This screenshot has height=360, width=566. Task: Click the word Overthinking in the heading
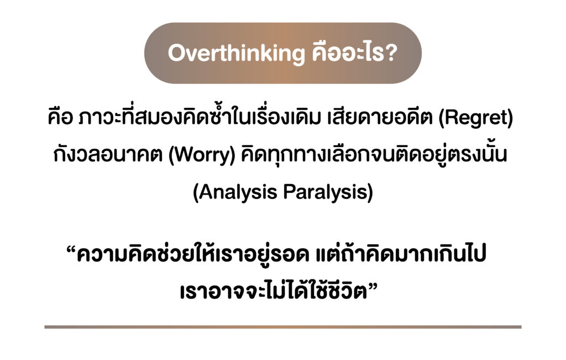[x=237, y=54]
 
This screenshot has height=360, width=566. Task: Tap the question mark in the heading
[x=390, y=53]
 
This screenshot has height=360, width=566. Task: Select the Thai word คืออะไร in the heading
[x=346, y=53]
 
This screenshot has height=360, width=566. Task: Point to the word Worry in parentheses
[x=202, y=155]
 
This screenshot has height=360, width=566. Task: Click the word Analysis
[x=238, y=192]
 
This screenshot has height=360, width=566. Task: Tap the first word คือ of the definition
[x=61, y=117]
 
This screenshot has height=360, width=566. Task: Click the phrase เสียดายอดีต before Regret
[x=380, y=117]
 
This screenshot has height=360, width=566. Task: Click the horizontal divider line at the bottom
[x=283, y=327]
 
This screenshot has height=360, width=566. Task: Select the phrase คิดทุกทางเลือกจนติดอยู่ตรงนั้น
[x=374, y=154]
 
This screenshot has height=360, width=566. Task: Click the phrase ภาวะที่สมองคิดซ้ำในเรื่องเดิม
[x=200, y=117]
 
